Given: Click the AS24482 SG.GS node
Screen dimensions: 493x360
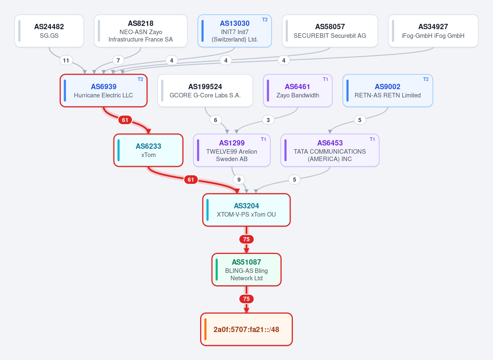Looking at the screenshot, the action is pos(49,31).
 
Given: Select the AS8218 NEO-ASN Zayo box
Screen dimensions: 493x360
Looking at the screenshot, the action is pos(141,31).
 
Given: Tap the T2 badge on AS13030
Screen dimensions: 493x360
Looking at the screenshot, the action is pos(265,20).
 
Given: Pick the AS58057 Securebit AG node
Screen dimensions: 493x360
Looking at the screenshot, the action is pos(329,31).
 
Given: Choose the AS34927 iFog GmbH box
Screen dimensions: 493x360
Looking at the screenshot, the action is pos(433,31).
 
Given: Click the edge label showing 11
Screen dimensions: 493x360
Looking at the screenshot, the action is pos(66,60).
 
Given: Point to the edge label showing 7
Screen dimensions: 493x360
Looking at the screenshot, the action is pos(118,60).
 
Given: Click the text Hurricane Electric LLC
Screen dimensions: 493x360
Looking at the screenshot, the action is pos(103,95).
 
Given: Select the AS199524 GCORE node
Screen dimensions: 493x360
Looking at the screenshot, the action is pos(205,90).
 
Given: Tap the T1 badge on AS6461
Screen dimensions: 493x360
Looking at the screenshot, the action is pos(325,79).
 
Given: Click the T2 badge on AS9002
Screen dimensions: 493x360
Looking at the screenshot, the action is pos(426,79).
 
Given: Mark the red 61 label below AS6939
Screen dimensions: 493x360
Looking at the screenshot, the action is pos(125,120).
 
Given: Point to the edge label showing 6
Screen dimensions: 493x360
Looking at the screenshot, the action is pos(215,120).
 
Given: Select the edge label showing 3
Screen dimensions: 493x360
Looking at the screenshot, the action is pos(268,120).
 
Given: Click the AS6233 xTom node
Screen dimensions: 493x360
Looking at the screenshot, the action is pos(148,150).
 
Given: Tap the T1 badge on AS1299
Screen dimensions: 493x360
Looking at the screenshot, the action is pos(263,139).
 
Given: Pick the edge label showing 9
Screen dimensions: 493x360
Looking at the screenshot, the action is pos(239,180).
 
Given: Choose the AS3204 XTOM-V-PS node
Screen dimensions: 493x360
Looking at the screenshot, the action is pos(246,210).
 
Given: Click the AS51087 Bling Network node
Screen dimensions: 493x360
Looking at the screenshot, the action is pos(246,270).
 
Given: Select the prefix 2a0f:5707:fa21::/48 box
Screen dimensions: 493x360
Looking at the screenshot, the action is pos(246,329).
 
